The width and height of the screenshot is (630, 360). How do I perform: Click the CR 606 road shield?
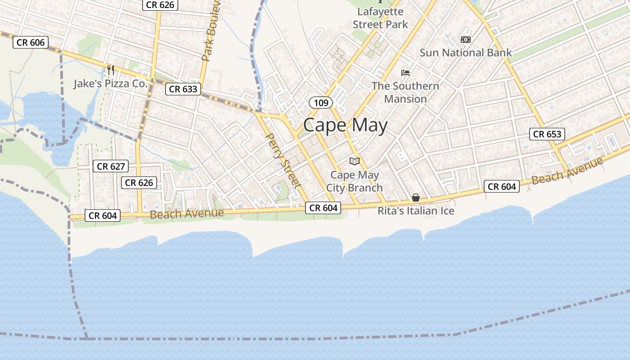pos(31,42)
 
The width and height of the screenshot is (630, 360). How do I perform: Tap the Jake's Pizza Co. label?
pos(110,84)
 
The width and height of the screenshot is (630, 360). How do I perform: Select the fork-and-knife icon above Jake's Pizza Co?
pos(110,70)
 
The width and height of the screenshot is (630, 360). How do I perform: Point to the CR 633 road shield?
pos(183,89)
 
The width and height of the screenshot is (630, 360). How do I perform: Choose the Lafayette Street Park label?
pos(380,18)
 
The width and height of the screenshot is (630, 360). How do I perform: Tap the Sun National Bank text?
pos(466,53)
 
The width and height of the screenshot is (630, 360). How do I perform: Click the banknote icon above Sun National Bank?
pos(466,40)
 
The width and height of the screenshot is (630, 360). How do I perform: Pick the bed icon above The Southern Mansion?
pos(405,72)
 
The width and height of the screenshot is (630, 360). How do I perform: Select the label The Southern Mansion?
pos(405,92)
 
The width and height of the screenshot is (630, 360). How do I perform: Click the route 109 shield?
pos(321,103)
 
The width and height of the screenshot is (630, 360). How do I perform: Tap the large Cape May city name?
pos(345,125)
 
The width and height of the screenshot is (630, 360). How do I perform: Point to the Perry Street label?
pos(283,160)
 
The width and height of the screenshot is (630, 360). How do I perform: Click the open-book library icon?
pos(355,161)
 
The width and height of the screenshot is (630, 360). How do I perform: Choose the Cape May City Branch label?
pos(355,181)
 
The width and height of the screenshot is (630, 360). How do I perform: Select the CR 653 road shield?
pos(547,134)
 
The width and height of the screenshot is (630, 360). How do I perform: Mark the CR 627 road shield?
pos(111,166)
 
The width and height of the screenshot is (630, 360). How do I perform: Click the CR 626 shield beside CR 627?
pos(139,183)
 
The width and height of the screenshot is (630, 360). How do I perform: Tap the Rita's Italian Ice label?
pos(416,211)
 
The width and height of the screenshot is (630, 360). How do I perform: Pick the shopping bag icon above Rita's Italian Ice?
pos(416,198)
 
